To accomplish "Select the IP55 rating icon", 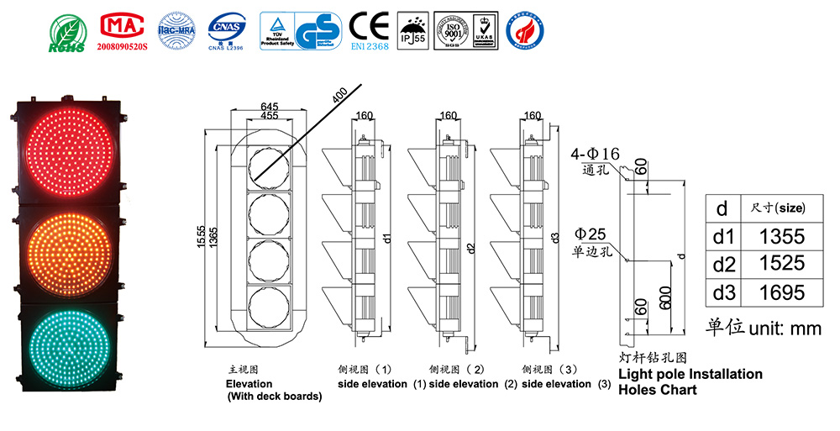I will [x=411, y=32].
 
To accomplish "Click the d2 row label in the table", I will [x=723, y=265].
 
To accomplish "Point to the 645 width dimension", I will [x=270, y=107].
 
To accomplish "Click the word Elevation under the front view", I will [x=249, y=384].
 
